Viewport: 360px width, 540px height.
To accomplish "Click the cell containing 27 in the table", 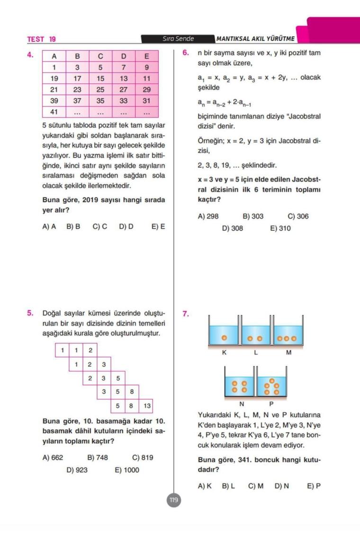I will (124, 89).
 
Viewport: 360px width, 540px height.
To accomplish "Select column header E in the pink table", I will (146, 56).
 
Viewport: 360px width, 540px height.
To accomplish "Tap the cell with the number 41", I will (54, 113).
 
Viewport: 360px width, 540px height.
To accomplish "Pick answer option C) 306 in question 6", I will (298, 216).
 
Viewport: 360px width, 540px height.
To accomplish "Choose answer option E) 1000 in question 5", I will (126, 470).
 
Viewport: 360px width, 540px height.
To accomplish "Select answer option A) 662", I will (53, 458).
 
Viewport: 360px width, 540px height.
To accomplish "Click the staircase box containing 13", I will (147, 406).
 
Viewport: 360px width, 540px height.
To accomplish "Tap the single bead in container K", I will (225, 338).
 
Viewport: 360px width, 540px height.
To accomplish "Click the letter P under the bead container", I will (271, 404).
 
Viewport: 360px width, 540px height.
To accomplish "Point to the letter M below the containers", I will (288, 353).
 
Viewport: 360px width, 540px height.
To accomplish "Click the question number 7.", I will (186, 314).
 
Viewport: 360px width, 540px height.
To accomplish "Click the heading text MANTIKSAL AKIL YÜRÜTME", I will (255, 39).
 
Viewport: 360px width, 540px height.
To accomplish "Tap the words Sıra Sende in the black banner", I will (178, 39).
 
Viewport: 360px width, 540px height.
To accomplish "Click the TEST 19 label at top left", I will (42, 39).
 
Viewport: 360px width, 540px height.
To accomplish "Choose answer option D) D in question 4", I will (126, 226).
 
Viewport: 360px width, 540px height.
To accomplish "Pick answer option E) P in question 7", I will (314, 486).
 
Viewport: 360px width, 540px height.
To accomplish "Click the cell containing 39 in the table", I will (54, 100).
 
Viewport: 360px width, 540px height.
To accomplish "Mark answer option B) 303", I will (253, 216).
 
